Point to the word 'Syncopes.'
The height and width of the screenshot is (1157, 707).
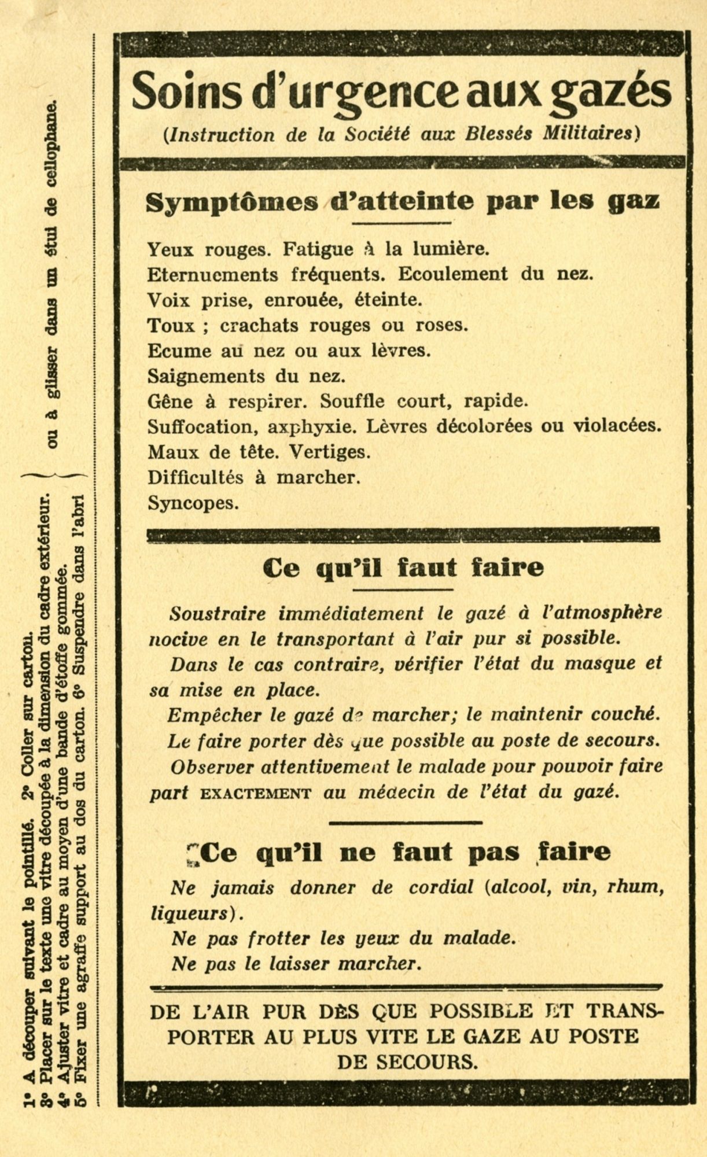(x=193, y=503)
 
